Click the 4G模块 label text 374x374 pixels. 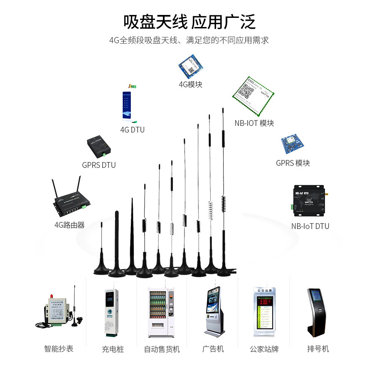click(x=190, y=85)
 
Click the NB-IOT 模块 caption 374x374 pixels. click(x=254, y=123)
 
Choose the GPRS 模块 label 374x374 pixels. click(x=293, y=163)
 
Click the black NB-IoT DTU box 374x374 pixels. click(x=308, y=201)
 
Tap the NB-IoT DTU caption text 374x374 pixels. click(x=310, y=226)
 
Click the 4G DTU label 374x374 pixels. click(x=132, y=130)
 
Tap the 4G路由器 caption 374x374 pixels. click(x=69, y=225)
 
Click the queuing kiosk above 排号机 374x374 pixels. click(x=317, y=312)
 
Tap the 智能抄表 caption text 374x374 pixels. click(x=59, y=349)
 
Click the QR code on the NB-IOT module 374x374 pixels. click(x=248, y=89)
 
